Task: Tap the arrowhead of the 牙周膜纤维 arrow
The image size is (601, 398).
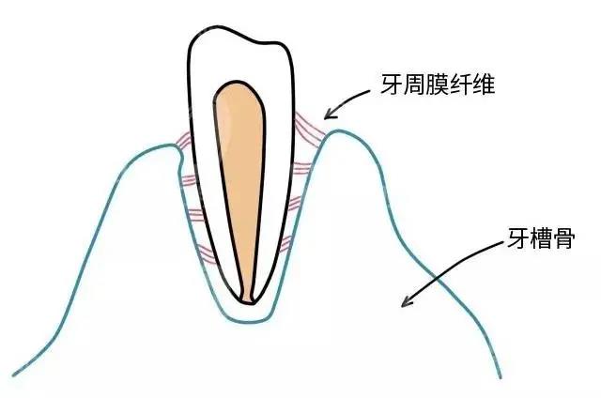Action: coord(330,114)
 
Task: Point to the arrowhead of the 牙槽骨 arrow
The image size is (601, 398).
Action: coord(407,300)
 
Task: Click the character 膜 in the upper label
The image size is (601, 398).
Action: coord(437,84)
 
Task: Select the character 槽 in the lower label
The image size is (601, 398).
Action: coord(541,237)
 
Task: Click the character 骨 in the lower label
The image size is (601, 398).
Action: coord(563,237)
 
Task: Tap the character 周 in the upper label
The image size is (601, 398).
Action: coord(414,84)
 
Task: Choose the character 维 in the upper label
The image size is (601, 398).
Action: coord(483,84)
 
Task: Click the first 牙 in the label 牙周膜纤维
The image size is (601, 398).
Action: coord(392,84)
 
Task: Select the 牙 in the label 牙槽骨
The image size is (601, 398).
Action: coord(518,237)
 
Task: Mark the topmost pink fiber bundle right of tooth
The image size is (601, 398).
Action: coord(309,130)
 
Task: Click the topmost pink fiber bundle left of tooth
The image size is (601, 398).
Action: coord(183,139)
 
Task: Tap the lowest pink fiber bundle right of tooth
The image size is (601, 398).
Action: coord(285,244)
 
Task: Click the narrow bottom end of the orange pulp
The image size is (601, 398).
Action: coord(248,300)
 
